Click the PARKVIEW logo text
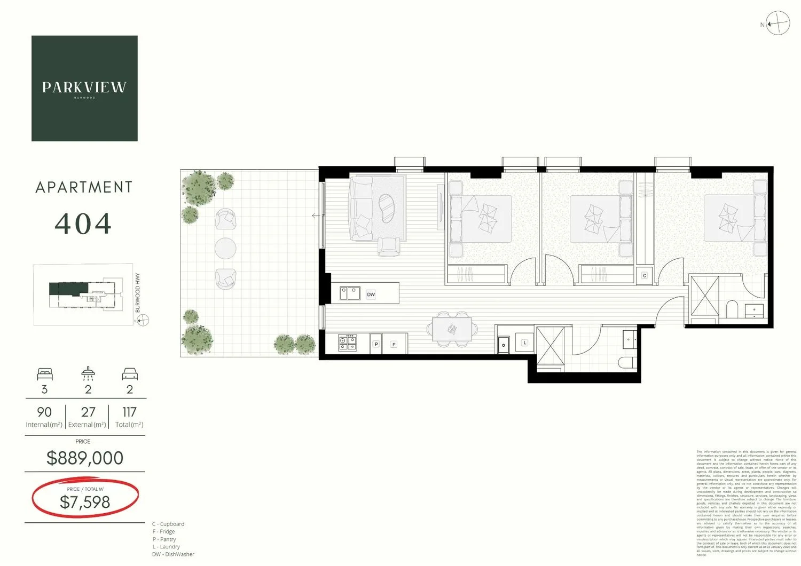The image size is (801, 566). pos(84,87)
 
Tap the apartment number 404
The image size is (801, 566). pos(83,224)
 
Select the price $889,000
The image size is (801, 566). pos(85,458)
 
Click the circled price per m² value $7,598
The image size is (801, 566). pos(85,502)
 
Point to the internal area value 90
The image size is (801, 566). pos(44,412)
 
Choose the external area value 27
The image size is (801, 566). pos(88,412)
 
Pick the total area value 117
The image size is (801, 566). pos(129,412)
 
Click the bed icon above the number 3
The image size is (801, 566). pos(45,373)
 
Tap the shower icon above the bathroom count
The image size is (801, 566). pos(88,372)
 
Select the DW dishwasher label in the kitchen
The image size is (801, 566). pos(371,294)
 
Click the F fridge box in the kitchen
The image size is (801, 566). pos(394,345)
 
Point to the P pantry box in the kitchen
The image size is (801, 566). pos(376,345)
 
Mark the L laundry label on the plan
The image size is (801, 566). pos(525,342)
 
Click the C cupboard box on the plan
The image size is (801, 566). pos(645,276)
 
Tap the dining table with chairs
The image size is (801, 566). pos(452,329)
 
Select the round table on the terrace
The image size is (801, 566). pos(225,249)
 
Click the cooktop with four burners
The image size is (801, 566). pos(347,342)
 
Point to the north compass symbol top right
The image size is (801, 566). pos(778,24)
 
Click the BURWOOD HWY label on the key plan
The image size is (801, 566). pos(138,293)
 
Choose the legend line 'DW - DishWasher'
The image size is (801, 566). pos(174,554)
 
